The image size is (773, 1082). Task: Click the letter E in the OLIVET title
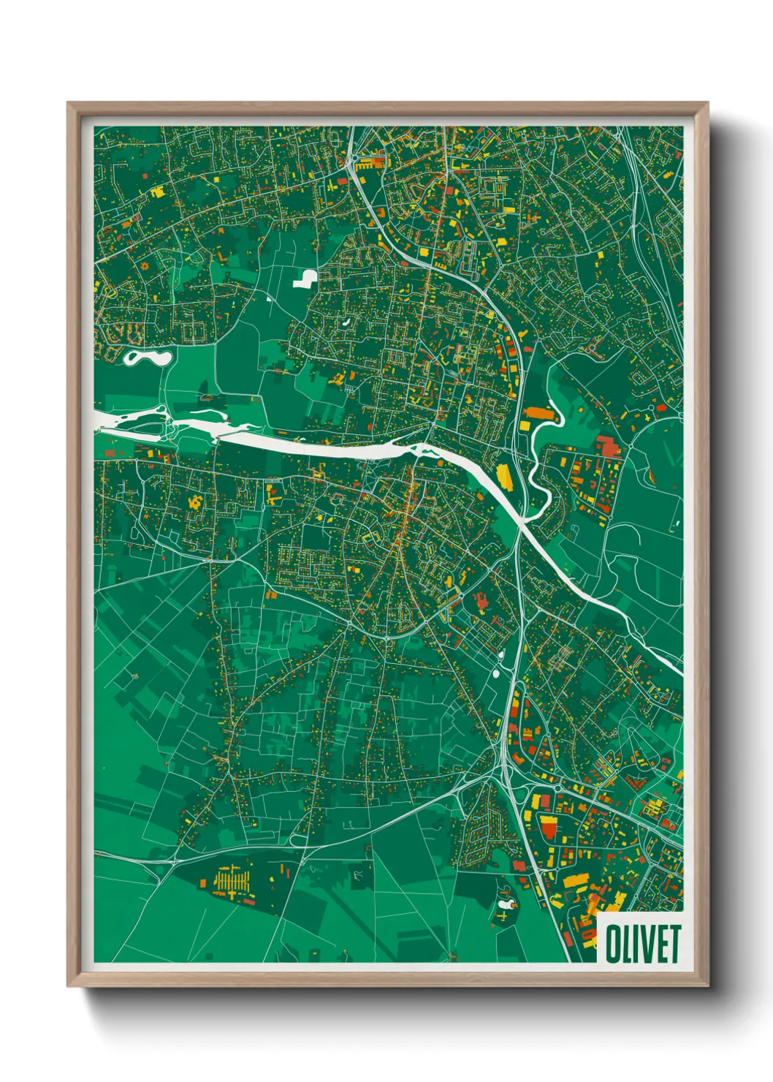click(x=660, y=944)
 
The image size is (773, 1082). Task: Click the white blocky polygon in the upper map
click(x=305, y=279)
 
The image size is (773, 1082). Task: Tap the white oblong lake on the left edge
click(x=147, y=357)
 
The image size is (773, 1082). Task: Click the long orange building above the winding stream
click(x=539, y=414)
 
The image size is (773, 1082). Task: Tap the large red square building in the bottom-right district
click(x=548, y=828)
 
